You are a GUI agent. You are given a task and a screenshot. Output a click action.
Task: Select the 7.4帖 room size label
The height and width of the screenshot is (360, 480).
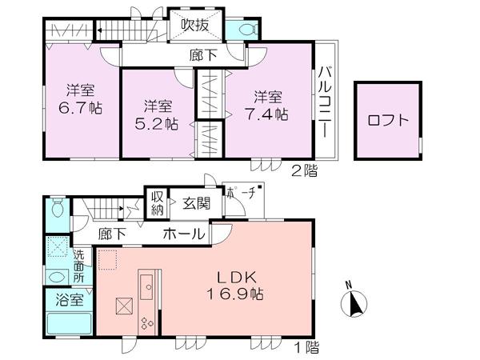pos(270,114)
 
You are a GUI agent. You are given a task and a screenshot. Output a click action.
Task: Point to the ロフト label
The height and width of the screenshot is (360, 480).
pos(388,122)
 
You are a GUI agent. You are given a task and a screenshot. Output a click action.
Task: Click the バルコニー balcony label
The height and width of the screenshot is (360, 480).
pos(324,101)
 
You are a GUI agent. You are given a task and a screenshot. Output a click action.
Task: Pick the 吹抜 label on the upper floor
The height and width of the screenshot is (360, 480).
pos(195,26)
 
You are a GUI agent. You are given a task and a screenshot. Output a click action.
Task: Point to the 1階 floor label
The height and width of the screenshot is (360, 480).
pos(306,348)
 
